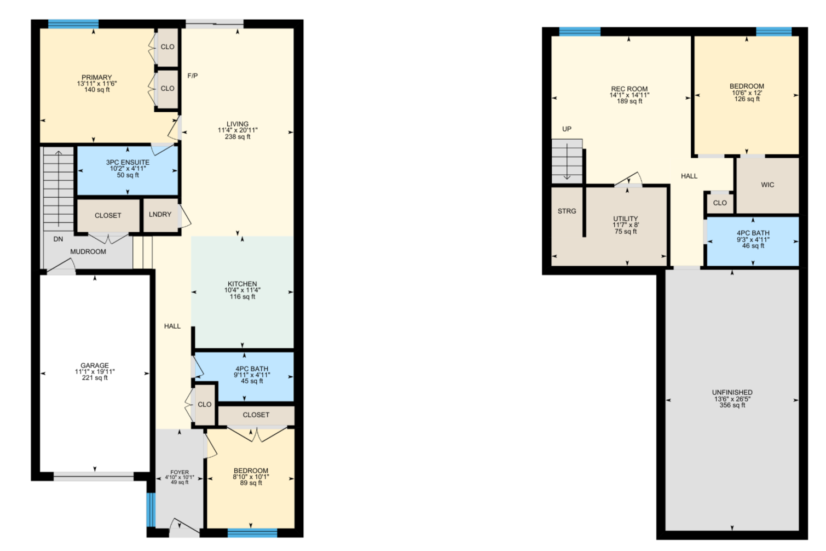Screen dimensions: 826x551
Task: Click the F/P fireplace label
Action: click(x=193, y=76)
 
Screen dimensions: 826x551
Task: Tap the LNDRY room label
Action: click(x=160, y=214)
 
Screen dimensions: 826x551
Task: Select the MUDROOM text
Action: click(x=88, y=252)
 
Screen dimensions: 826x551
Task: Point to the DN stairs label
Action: click(x=58, y=239)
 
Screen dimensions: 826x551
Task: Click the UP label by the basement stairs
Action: click(x=567, y=129)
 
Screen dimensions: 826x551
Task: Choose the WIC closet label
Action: click(x=767, y=185)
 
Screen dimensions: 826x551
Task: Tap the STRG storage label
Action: click(x=567, y=211)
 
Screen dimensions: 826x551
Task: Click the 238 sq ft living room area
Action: click(x=238, y=137)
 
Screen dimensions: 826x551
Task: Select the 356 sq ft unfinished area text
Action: click(x=732, y=405)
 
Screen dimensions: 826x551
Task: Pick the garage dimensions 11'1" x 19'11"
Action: click(x=95, y=372)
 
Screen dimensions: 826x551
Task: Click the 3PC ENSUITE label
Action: click(x=128, y=162)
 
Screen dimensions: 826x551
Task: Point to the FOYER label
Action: click(x=180, y=472)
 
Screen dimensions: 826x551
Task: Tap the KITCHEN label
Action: click(x=242, y=284)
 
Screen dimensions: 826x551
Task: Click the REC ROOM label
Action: click(x=629, y=89)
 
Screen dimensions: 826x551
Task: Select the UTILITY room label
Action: click(x=626, y=219)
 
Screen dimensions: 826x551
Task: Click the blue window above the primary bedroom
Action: click(x=73, y=24)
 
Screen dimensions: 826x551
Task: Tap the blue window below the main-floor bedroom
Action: click(x=252, y=533)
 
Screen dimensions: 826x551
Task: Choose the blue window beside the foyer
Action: click(x=151, y=510)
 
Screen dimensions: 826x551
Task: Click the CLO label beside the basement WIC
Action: click(x=720, y=203)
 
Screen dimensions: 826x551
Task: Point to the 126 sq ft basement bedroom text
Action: click(x=747, y=99)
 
